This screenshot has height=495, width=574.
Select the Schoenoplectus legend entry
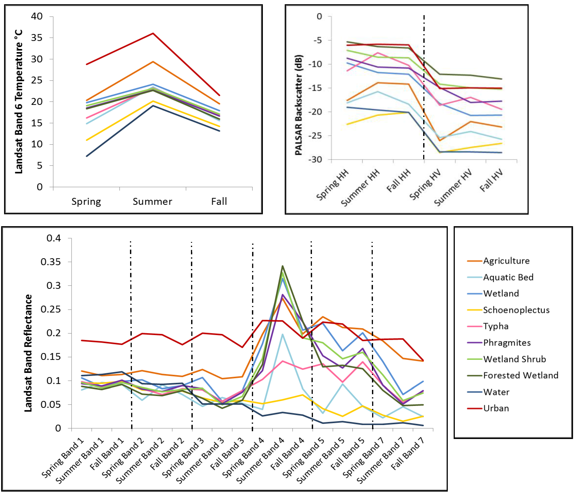click(x=516, y=310)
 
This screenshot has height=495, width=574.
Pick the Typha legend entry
click(x=496, y=326)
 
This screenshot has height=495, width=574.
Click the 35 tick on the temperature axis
click(x=37, y=38)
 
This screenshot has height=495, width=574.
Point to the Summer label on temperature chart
click(x=152, y=201)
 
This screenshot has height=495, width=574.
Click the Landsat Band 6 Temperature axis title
click(x=19, y=102)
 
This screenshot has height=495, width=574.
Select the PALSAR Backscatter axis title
click(x=299, y=105)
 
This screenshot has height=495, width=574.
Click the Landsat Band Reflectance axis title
click(x=28, y=353)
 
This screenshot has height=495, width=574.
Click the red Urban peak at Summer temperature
click(x=153, y=34)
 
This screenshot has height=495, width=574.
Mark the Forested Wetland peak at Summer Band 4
click(x=283, y=266)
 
